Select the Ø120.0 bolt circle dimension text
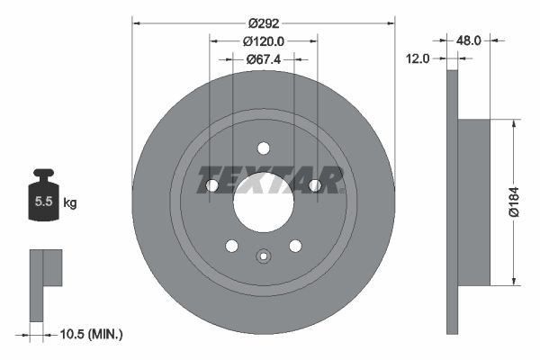pos(264,40)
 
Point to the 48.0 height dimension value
pos(471,40)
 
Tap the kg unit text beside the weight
pos(69,203)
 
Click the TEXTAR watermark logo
pos(270,180)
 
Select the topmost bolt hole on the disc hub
pos(264,148)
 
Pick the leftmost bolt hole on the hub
pos(212,185)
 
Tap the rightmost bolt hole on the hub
pos(315,185)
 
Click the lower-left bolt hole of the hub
pos(232,246)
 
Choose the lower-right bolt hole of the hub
pos(295,246)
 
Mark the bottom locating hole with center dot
pos(264,256)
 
